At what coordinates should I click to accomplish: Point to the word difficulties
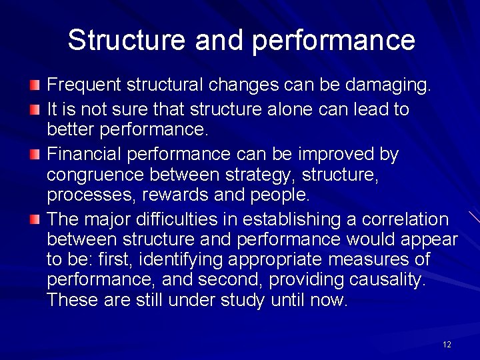tap(189, 219)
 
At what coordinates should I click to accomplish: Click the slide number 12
tap(447, 344)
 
